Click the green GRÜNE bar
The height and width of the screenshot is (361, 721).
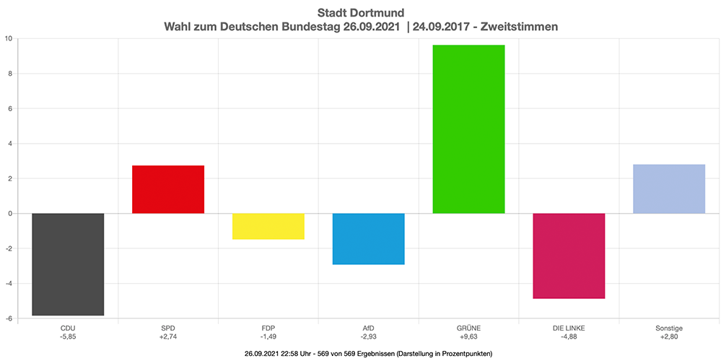point(468,129)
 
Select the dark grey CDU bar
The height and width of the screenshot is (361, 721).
point(68,264)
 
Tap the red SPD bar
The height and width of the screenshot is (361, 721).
point(168,189)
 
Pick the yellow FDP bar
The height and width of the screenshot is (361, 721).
point(268,226)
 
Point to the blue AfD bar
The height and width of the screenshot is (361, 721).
point(368,239)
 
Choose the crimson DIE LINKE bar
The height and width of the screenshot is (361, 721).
point(569,256)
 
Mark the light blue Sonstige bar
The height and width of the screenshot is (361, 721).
point(669,188)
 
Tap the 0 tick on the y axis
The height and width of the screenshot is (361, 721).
point(8,214)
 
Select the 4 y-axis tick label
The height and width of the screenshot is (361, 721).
point(8,144)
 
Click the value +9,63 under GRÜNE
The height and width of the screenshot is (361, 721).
point(468,336)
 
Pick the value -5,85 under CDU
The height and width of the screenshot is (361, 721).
point(68,336)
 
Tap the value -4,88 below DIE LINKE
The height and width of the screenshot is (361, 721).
point(569,336)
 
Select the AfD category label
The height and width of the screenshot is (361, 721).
point(368,328)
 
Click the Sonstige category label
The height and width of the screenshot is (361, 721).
point(669,328)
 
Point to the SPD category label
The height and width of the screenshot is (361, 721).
point(168,328)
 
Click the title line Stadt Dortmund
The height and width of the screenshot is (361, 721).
point(361,12)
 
